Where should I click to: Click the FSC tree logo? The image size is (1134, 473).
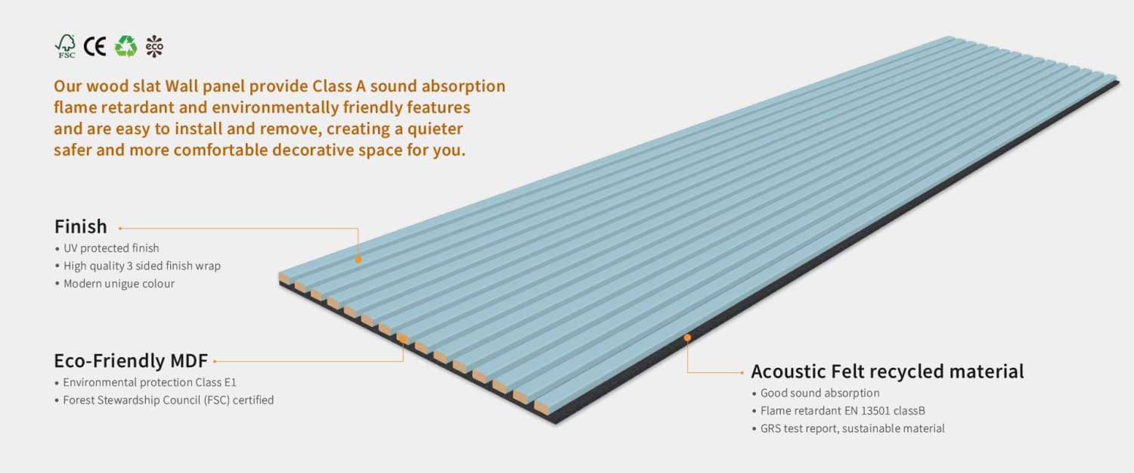tap(66, 46)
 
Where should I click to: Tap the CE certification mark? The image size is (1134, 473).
tap(94, 47)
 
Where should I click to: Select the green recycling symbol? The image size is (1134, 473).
tap(125, 47)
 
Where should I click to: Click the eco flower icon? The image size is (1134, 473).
tap(154, 47)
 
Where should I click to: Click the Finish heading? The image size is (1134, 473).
tap(81, 226)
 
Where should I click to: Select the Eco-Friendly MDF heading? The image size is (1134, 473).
tap(131, 360)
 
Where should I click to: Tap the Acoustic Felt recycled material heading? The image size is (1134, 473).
tap(887, 372)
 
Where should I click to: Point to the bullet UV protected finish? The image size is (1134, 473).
tap(111, 248)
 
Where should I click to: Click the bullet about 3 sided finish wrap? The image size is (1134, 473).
tap(141, 266)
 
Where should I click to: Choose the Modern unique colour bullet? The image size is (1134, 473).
tap(119, 284)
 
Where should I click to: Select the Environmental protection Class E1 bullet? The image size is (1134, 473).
tap(149, 382)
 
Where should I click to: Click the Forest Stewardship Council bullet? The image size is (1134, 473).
tap(168, 400)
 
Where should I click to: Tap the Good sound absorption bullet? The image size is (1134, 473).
tap(820, 393)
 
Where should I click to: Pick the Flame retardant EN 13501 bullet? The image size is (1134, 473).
tap(842, 411)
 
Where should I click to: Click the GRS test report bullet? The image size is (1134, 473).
tap(852, 428)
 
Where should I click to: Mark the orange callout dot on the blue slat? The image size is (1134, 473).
tap(358, 259)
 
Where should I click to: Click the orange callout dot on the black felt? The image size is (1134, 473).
tap(687, 338)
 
